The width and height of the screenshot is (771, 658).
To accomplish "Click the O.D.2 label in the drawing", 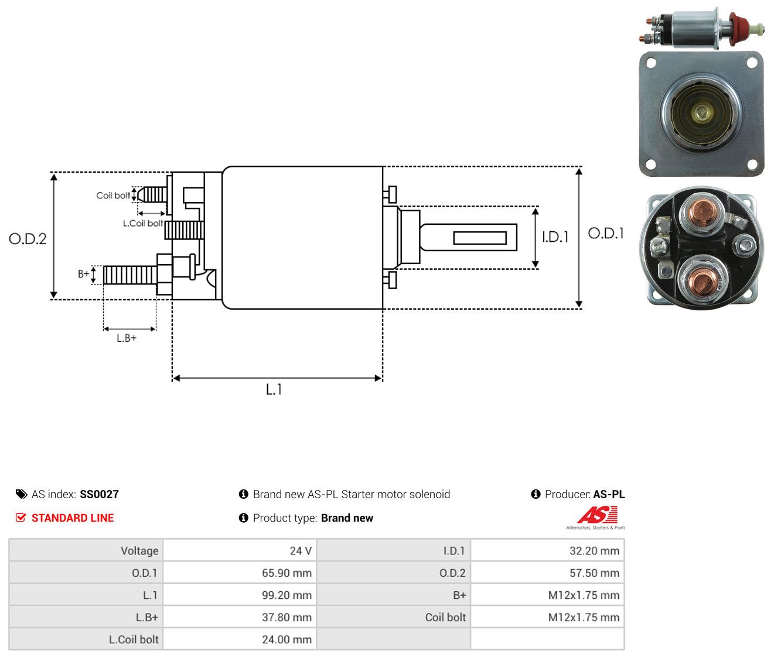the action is [x=28, y=239].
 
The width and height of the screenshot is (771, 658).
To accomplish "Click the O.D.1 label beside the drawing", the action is [x=605, y=233].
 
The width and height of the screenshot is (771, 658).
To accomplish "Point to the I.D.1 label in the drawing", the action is [x=555, y=237].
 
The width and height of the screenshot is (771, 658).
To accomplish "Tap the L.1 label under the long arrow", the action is [x=274, y=389].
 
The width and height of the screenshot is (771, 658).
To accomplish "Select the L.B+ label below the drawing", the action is [x=127, y=338].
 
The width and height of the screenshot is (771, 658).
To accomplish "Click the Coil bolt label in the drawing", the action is [x=113, y=196].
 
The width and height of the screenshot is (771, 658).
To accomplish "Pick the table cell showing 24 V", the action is [x=239, y=551].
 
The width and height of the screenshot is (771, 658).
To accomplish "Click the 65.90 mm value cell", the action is [x=239, y=573].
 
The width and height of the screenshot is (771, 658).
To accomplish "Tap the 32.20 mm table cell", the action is [x=547, y=551].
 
